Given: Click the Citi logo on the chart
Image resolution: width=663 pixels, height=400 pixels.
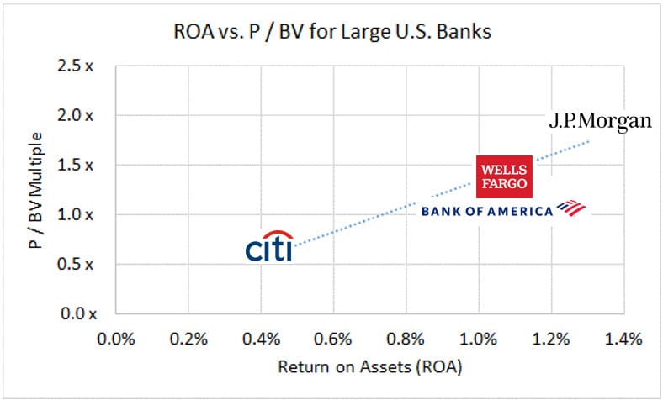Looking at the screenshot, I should (269, 247).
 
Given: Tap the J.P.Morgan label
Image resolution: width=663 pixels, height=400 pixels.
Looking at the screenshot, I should (600, 121).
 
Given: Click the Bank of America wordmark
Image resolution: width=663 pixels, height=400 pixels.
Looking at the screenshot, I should (486, 211).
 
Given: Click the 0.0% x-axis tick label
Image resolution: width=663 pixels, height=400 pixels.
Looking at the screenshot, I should (116, 339).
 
